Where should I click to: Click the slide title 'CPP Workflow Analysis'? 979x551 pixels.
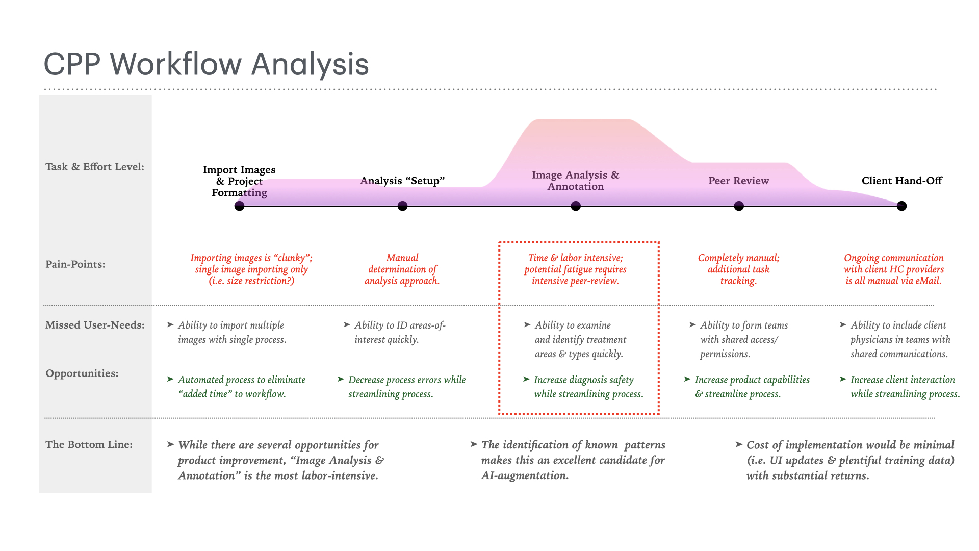(206, 64)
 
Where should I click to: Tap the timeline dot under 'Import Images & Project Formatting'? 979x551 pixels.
(239, 206)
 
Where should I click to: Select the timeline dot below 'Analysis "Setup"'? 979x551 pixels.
(402, 206)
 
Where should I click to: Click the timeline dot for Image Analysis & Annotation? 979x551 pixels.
(576, 206)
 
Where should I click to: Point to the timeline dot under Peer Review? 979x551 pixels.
(739, 206)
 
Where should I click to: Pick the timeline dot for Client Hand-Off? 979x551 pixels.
(901, 206)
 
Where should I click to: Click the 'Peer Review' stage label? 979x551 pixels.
(738, 181)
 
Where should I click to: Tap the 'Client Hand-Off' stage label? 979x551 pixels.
(901, 181)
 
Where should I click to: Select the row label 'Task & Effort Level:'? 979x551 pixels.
(95, 167)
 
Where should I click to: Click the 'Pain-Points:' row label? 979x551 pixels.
(75, 264)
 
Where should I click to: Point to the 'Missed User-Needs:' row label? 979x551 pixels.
(95, 325)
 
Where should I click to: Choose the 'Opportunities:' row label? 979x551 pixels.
(82, 373)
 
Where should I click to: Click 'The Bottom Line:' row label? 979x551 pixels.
(89, 444)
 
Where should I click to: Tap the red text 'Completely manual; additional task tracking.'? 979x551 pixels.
(738, 269)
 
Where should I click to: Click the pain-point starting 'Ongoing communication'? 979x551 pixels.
(893, 269)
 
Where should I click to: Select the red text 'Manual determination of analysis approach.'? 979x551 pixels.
(402, 269)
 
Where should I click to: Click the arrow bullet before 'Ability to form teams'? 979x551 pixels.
(692, 324)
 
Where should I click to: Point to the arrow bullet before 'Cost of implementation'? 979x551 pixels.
(739, 445)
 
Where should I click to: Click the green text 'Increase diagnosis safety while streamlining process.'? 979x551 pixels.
(588, 387)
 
